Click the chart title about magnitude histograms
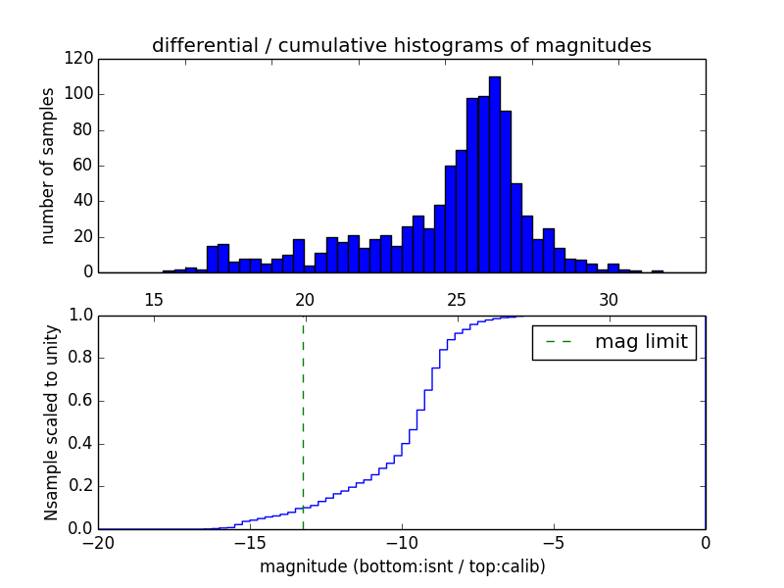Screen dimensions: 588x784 pos(401,45)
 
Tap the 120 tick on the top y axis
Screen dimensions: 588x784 pos(81,59)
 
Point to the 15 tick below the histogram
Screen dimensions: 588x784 pos(153,299)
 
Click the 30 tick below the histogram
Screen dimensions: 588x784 pos(609,299)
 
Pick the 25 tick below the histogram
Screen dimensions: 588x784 pos(457,299)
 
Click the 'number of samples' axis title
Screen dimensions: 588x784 pos(48,166)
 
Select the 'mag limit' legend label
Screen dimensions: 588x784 pos(641,342)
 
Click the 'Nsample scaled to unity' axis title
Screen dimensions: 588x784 pos(52,422)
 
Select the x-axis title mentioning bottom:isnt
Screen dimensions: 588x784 pos(402,566)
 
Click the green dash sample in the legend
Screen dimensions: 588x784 pos(559,342)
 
